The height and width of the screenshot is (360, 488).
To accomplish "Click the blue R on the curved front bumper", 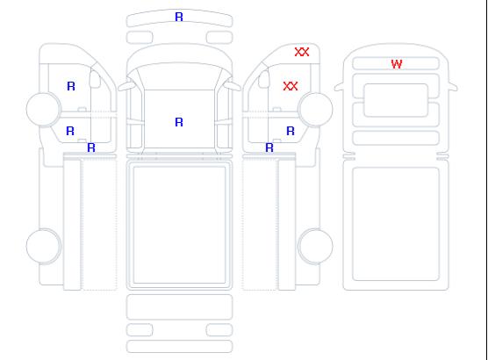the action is pos(179,17).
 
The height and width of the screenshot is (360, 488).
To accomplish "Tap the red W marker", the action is pos(397,64).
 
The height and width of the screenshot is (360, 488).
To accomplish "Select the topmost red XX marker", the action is pos(302,52).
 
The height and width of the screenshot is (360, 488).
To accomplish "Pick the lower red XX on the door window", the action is pos(291,86).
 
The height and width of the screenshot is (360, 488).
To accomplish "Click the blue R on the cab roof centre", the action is pos(179,122).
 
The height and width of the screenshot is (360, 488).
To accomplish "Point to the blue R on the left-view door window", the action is pos(71,86).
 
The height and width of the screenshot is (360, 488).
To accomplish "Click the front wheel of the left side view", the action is pos(44,109).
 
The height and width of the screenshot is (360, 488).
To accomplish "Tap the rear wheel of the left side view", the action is pos(44,246).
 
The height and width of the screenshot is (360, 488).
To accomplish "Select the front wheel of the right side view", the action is pos(315,109).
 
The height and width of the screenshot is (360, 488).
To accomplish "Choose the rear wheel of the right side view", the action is pos(315,246).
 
